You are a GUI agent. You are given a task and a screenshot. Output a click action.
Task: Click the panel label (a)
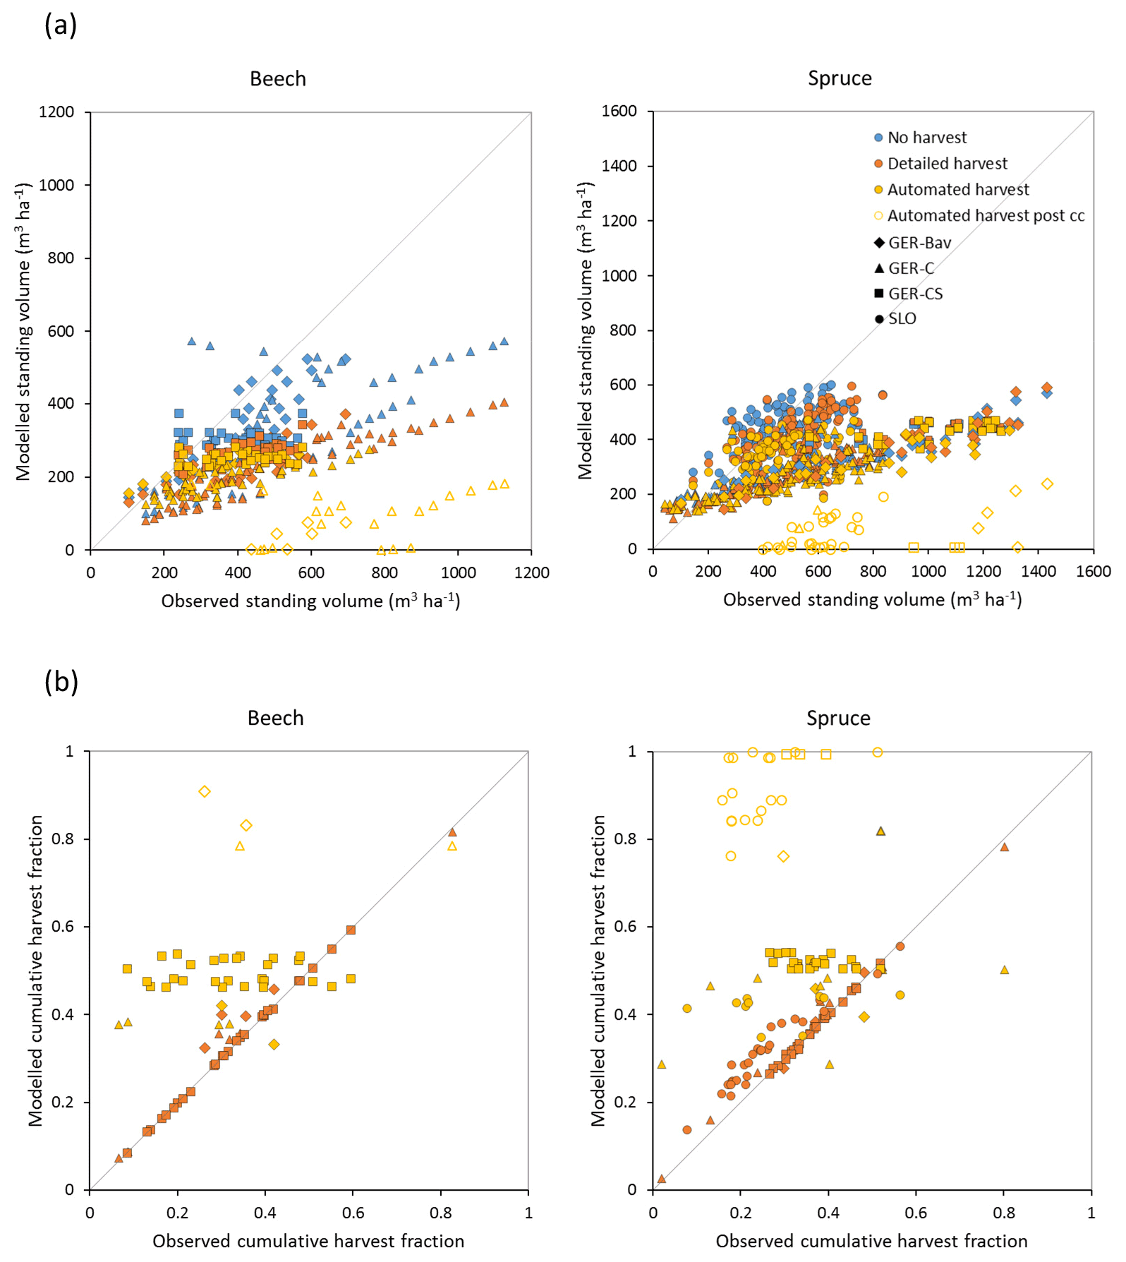(x=61, y=25)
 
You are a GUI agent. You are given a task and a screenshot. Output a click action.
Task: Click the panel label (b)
(x=61, y=682)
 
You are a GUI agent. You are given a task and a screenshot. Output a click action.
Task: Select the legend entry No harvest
(x=926, y=138)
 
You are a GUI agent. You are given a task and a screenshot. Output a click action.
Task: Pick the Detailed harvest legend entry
(x=947, y=164)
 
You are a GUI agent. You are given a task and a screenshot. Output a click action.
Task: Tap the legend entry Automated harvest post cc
(x=985, y=216)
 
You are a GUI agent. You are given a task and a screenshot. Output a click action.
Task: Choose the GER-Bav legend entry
(x=919, y=243)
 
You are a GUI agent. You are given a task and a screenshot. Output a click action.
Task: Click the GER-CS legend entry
(x=914, y=294)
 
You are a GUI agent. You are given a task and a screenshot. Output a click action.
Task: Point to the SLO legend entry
(x=902, y=319)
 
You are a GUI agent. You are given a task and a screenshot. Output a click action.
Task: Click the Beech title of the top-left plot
(x=278, y=78)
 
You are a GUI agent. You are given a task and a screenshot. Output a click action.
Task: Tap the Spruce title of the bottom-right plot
(x=838, y=719)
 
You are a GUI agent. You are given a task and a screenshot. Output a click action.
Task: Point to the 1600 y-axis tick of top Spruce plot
(x=619, y=112)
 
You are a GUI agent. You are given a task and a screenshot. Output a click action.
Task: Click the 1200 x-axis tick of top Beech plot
(x=531, y=572)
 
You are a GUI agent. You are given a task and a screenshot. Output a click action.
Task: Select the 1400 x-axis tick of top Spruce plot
(x=1039, y=571)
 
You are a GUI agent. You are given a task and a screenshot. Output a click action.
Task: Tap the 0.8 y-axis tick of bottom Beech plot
(x=65, y=839)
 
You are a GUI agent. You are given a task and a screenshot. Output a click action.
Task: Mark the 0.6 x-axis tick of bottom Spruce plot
(x=916, y=1213)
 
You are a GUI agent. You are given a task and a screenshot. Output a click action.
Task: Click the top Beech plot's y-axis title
(x=24, y=332)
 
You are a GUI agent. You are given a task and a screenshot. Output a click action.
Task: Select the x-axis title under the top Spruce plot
(x=873, y=600)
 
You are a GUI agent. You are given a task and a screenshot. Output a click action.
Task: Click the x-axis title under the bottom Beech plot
(x=308, y=1241)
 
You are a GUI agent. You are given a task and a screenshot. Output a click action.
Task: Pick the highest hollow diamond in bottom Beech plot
(x=205, y=791)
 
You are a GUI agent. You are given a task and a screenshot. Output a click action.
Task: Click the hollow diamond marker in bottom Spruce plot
(x=783, y=856)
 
